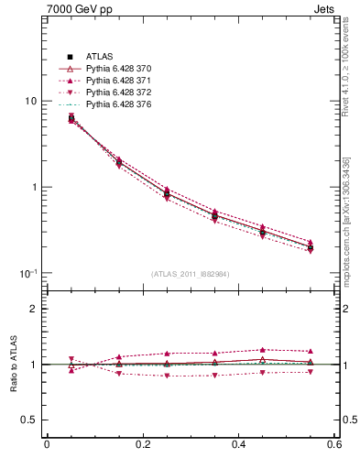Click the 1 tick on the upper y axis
pos(34,188)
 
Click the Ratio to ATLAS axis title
pos(11,365)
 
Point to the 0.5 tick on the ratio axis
pos(29,420)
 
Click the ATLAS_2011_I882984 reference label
pos(191,274)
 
